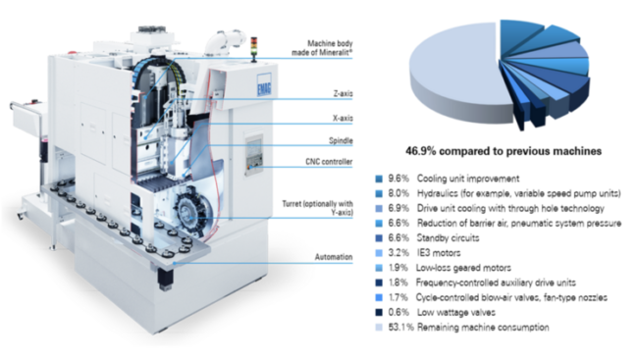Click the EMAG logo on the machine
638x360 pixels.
click(264, 85)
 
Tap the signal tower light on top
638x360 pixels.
click(254, 49)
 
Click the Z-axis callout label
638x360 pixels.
click(343, 93)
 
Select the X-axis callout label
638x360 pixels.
click(343, 118)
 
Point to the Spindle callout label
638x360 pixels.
click(341, 140)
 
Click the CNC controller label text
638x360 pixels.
click(329, 162)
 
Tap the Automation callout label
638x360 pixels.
click(334, 257)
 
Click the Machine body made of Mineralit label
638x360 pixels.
click(322, 48)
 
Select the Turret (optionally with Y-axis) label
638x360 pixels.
click(317, 208)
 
